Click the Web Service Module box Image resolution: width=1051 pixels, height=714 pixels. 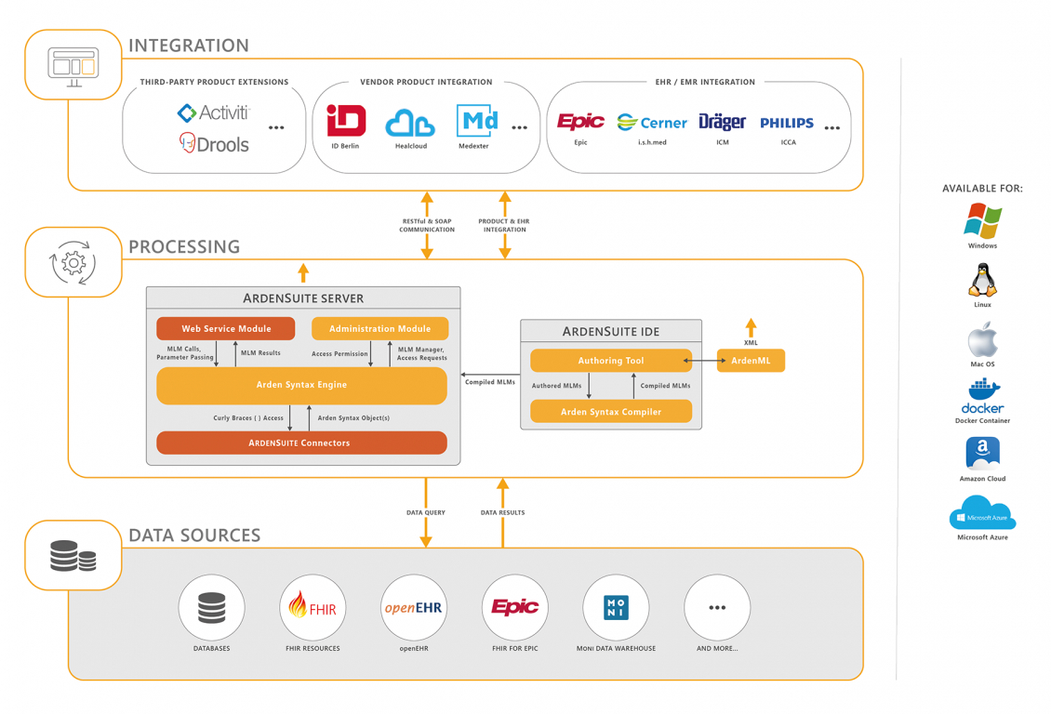click(226, 328)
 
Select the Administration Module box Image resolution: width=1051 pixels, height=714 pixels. click(379, 328)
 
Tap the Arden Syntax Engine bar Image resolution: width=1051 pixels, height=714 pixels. click(301, 385)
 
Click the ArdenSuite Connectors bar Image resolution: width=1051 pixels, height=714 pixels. click(301, 443)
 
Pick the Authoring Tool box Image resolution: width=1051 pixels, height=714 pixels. click(610, 361)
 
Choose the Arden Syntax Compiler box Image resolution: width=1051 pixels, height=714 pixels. click(610, 411)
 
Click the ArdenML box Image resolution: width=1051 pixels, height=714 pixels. click(751, 361)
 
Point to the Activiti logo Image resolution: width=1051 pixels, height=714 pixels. click(214, 112)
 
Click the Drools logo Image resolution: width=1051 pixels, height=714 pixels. click(214, 143)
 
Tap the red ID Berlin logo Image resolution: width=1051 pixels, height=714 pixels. click(346, 121)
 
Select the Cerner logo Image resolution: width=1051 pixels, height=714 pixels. click(652, 123)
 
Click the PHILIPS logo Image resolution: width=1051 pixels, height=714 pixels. click(787, 123)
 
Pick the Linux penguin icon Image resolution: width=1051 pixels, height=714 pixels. click(982, 280)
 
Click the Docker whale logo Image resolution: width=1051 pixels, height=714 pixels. click(982, 397)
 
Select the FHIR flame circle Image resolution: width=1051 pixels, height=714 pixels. click(313, 607)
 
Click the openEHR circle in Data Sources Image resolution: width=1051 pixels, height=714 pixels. click(414, 607)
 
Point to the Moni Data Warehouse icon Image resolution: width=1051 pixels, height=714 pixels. click(616, 607)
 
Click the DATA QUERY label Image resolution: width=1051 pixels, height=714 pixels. click(426, 512)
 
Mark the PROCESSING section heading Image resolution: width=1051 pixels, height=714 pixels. click(184, 247)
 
